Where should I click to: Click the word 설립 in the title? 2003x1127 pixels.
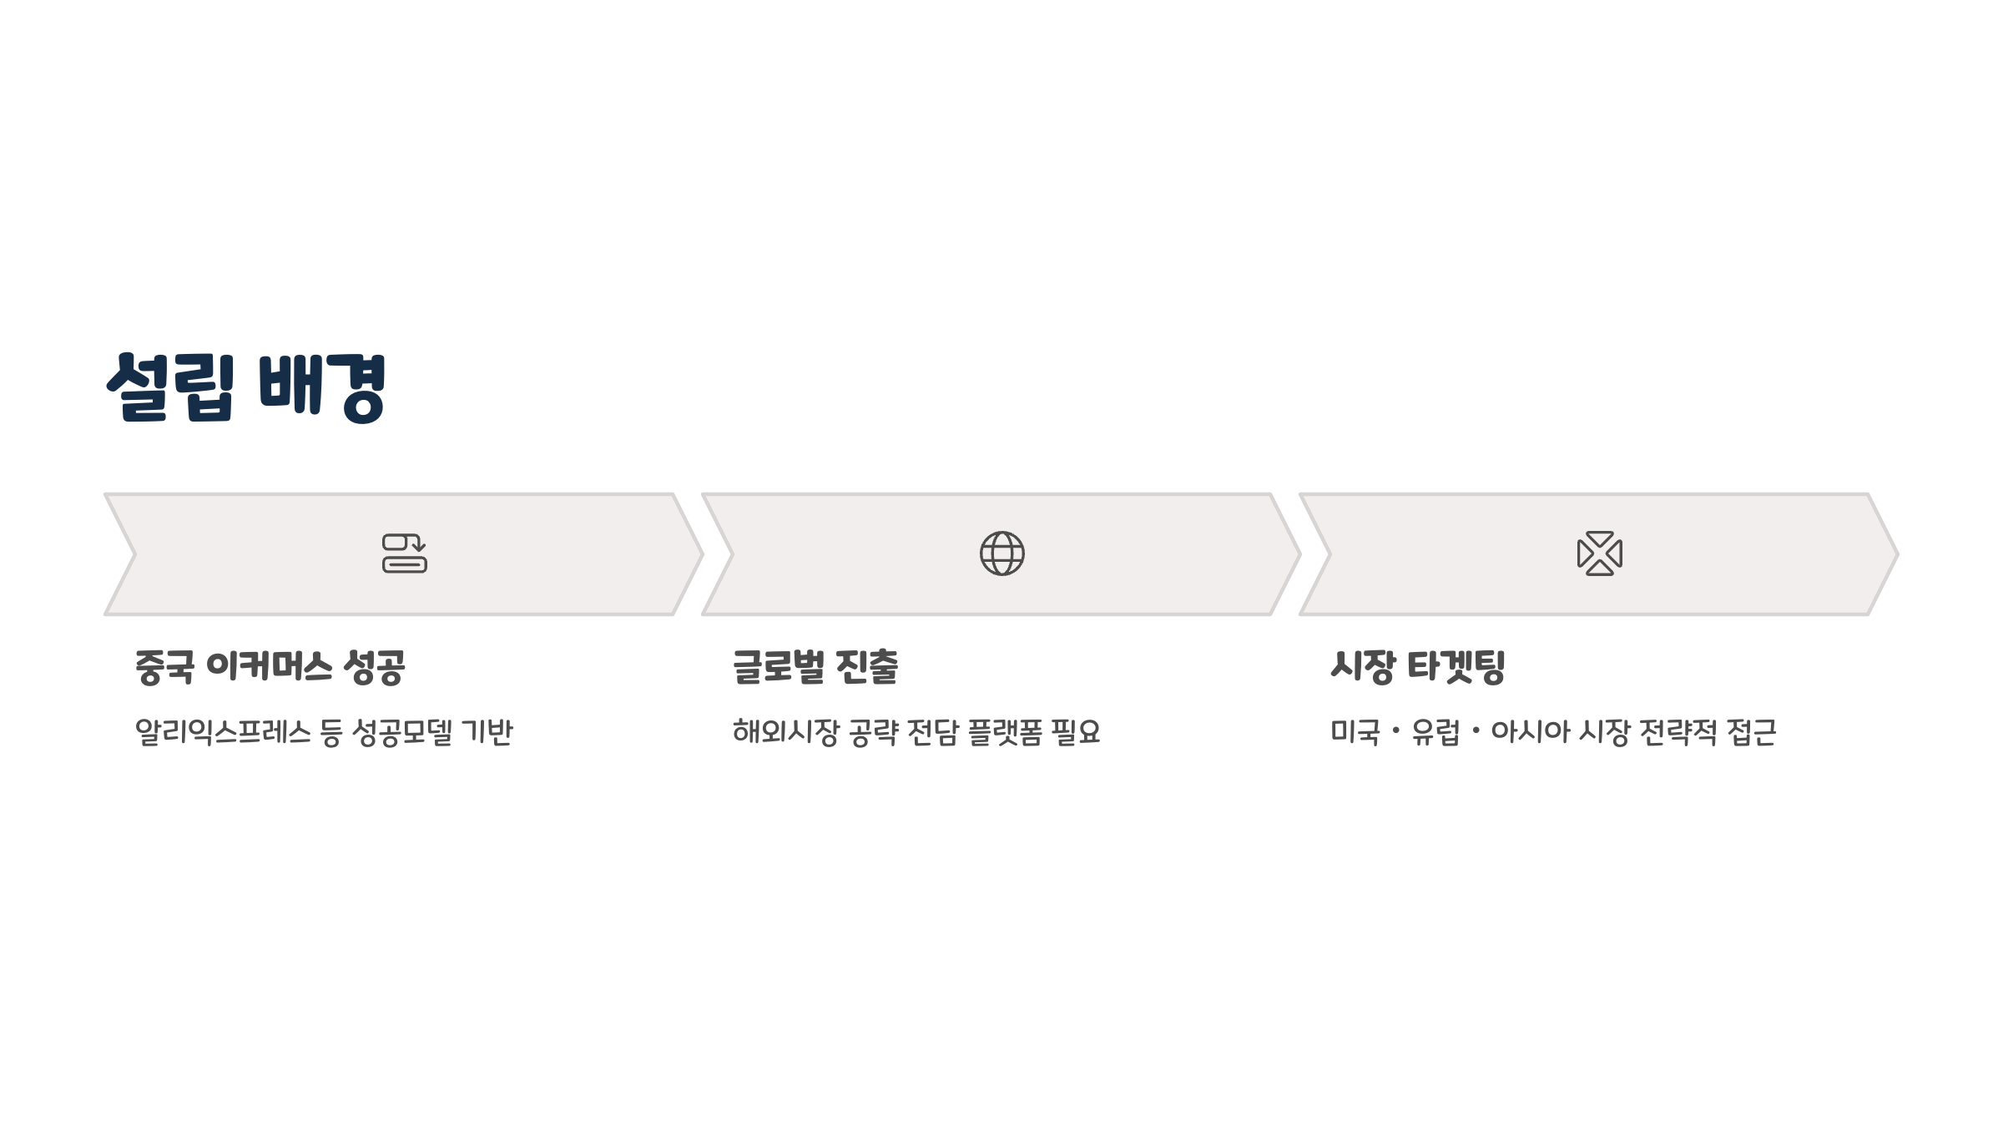point(171,387)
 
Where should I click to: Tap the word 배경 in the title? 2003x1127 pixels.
point(322,387)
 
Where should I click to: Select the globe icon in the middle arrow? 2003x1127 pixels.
point(1001,553)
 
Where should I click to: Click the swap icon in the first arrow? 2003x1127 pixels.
point(405,553)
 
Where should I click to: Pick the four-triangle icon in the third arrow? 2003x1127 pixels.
point(1599,553)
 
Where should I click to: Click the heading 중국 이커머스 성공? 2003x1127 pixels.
point(270,667)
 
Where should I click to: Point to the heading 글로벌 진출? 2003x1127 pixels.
point(815,667)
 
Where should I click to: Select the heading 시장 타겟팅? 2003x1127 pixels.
point(1417,667)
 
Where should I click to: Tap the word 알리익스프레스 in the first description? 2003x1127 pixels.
point(223,732)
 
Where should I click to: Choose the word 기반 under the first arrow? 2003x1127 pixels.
point(487,732)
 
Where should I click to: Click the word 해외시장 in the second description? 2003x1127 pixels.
point(785,732)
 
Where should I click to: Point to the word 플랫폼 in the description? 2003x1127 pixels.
point(1005,732)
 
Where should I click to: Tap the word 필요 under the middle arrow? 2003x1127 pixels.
point(1076,732)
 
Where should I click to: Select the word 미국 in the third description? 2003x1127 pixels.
point(1355,732)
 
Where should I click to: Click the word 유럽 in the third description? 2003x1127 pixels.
point(1435,732)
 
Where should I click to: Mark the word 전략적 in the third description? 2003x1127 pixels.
point(1678,732)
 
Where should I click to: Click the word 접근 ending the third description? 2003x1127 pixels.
point(1751,732)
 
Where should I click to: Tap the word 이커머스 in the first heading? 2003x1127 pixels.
point(269,667)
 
